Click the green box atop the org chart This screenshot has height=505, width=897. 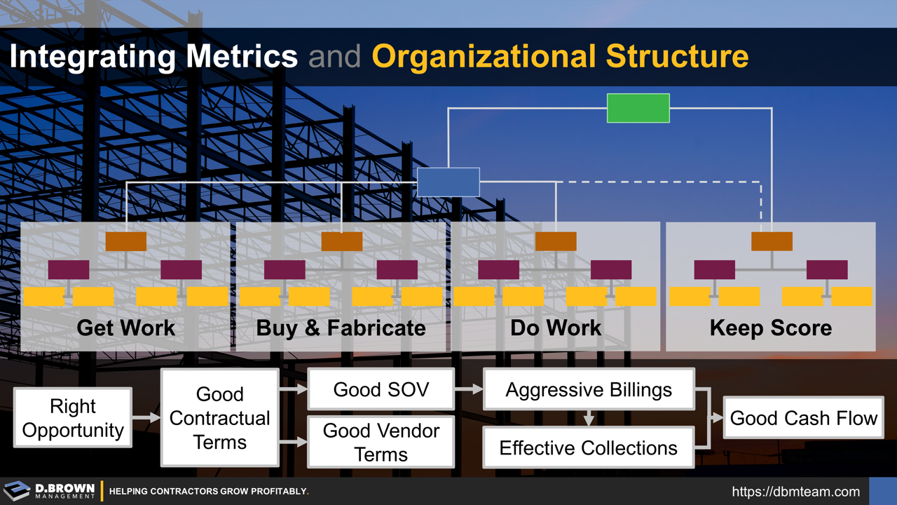click(638, 108)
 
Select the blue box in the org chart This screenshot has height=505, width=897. click(448, 182)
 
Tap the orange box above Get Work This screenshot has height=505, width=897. click(126, 241)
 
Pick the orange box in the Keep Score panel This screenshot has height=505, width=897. click(772, 241)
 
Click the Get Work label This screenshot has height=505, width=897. click(126, 328)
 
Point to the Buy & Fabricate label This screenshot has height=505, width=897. click(341, 328)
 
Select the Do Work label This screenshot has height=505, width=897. click(556, 328)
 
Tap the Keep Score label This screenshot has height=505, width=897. click(771, 328)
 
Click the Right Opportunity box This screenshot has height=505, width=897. click(73, 418)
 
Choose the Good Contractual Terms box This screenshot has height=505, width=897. click(220, 418)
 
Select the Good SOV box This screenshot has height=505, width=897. click(381, 389)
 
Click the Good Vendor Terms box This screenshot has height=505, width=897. click(381, 442)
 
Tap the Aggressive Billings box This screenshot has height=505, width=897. click(589, 389)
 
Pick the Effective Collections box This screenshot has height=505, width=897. click(589, 448)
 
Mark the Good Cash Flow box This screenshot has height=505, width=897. click(803, 418)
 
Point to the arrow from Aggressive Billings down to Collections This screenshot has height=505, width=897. click(589, 419)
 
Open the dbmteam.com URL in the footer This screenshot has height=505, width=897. click(795, 492)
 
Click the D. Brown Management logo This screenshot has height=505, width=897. click(49, 490)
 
